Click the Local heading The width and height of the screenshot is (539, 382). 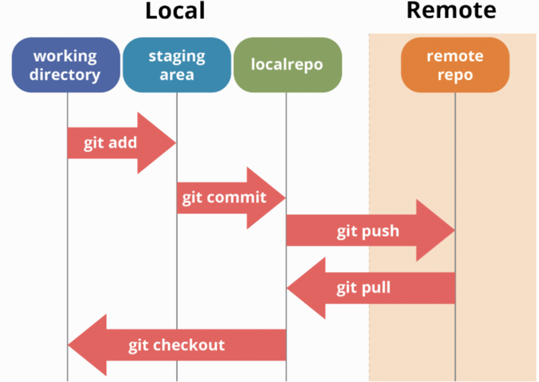coord(175,11)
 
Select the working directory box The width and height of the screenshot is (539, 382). coord(65,65)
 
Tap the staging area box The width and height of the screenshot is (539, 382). coord(177,65)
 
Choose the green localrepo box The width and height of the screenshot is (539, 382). coord(287,65)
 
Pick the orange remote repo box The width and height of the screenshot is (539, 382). coord(455,65)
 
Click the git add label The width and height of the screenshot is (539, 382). coord(110,143)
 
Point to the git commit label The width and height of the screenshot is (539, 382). coord(224,198)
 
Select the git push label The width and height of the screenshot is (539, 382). coord(368,231)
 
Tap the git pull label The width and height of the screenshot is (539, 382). coord(364,289)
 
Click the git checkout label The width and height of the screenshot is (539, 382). coord(177,345)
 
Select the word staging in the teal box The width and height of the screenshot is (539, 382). coord(177,56)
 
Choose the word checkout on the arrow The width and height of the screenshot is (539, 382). coord(189,345)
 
